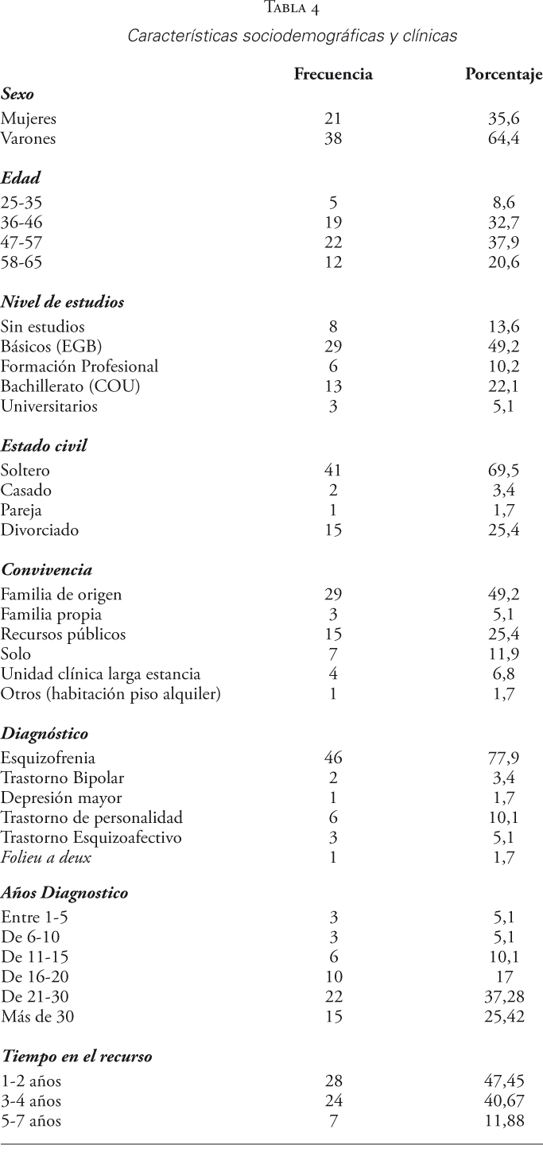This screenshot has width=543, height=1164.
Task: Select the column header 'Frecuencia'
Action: pos(333,75)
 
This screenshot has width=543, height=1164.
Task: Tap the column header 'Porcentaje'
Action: pos(503,76)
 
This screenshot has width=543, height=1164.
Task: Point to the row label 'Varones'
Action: pos(29,138)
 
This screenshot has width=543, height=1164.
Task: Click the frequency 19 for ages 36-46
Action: pos(333,223)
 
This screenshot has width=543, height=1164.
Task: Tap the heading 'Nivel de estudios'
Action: pos(62,302)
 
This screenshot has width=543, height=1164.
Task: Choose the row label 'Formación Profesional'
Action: pos(80,366)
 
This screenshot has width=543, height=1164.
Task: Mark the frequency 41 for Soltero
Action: pos(333,471)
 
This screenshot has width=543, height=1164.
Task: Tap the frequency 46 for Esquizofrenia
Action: pos(333,757)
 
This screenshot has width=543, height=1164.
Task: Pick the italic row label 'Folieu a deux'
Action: pos(46,857)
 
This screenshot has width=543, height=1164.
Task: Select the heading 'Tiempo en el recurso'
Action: pos(76,1057)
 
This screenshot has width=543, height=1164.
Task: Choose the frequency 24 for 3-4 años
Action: pos(333,1101)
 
